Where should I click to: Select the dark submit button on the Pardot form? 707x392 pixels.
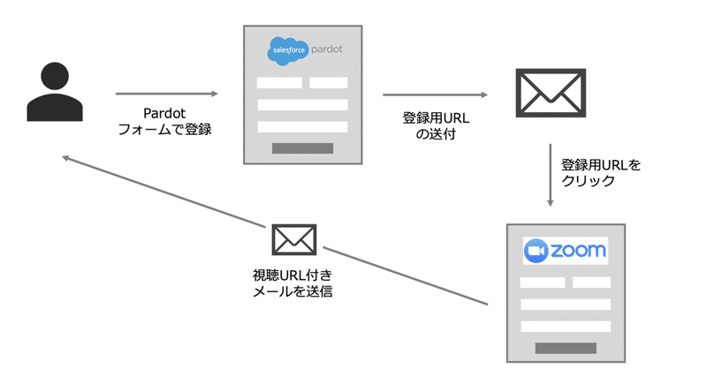tap(302, 148)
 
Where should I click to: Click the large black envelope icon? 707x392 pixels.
tap(551, 94)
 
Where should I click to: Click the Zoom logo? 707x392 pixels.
tap(566, 251)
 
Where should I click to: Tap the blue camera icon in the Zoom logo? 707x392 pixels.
tap(536, 252)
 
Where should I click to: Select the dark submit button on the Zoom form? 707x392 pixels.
tap(566, 348)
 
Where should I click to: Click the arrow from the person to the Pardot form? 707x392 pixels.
tap(166, 94)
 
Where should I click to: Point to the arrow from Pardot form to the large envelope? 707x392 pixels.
tap(435, 94)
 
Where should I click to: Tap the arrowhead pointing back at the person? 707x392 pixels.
tap(66, 158)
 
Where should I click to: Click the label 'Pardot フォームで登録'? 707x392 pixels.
tap(165, 122)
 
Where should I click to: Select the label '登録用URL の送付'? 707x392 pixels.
tap(435, 125)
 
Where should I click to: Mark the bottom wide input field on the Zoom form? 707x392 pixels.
tap(566, 326)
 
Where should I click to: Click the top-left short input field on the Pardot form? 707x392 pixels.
tap(279, 83)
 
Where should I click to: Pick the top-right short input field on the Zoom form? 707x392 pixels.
tap(591, 283)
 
